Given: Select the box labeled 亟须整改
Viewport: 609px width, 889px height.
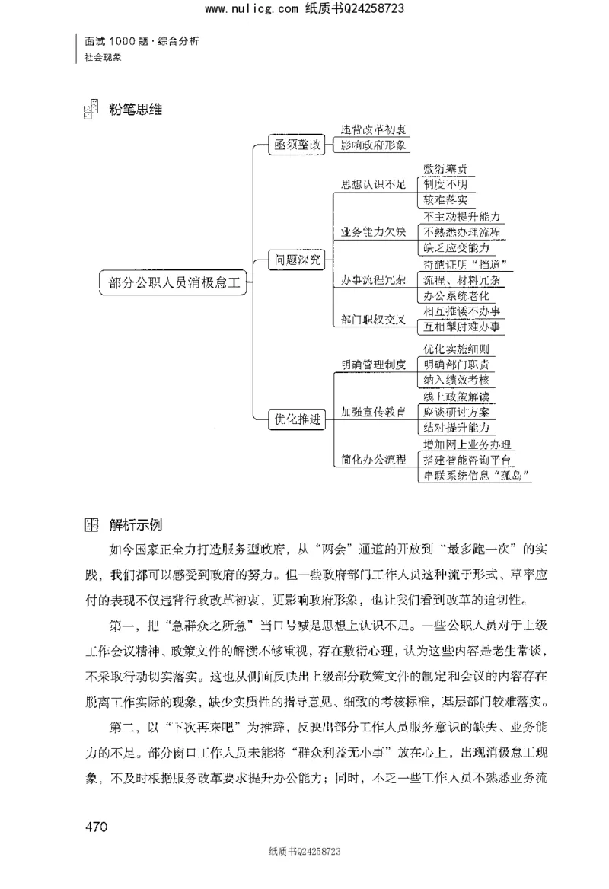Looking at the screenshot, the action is pyautogui.click(x=295, y=145).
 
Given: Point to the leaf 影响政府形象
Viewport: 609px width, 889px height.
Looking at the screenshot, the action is pyautogui.click(x=373, y=145).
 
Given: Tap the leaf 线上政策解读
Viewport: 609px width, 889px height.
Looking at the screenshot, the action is pyautogui.click(x=460, y=396).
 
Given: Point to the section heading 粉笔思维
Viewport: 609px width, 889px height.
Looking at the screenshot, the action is pyautogui.click(x=136, y=110).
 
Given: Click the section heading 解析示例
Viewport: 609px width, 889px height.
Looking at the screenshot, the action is pyautogui.click(x=136, y=525).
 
